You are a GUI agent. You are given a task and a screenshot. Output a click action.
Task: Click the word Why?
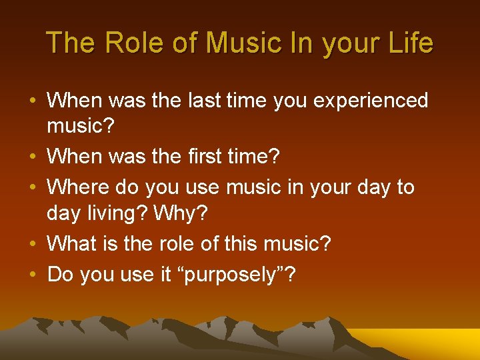(x=180, y=215)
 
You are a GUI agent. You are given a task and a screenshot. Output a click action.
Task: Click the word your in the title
(x=345, y=43)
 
